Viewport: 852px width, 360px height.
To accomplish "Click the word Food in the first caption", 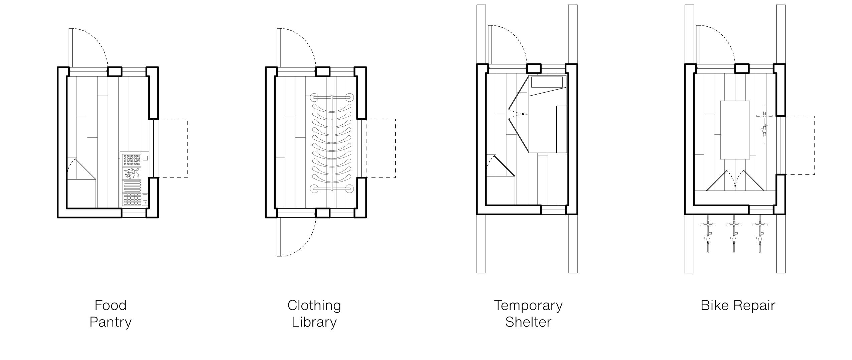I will [x=110, y=306].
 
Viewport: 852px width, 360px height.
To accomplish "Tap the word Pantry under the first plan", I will [x=110, y=322].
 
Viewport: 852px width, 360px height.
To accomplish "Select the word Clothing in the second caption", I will [x=314, y=306].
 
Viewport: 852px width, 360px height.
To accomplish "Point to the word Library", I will [x=314, y=322].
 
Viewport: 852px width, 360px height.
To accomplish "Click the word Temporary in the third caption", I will [x=528, y=306].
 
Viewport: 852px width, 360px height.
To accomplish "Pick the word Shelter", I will [x=528, y=322].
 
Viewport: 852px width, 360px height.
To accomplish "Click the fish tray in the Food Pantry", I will [x=132, y=173].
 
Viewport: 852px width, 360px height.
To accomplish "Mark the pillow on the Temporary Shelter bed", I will [x=547, y=82].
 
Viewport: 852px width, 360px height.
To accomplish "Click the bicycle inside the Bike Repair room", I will [x=764, y=125].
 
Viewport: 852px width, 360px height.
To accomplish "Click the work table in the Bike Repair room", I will [x=735, y=130].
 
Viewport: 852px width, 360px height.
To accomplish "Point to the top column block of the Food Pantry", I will [x=114, y=72].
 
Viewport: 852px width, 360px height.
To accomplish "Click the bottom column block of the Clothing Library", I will [x=322, y=213].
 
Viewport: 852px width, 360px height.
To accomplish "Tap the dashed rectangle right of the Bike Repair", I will [x=800, y=145].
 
